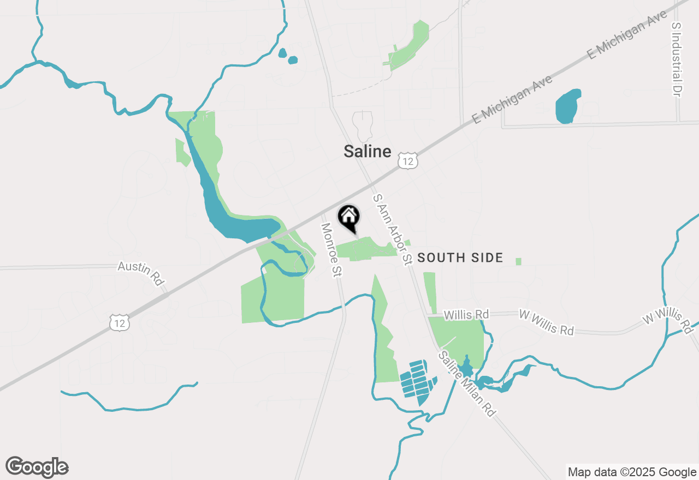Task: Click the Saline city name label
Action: click(x=368, y=151)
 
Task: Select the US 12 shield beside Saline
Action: click(x=408, y=160)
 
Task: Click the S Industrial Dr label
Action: click(x=677, y=60)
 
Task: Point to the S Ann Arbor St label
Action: click(x=392, y=229)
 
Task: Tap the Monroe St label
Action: click(x=331, y=250)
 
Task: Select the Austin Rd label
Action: click(x=141, y=272)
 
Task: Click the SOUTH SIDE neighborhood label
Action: click(x=460, y=258)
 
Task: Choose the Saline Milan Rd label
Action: click(x=467, y=384)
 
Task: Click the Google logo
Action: click(x=37, y=467)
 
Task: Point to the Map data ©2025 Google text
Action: click(x=632, y=472)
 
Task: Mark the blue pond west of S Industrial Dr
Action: click(x=568, y=106)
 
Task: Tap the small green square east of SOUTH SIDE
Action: click(x=518, y=262)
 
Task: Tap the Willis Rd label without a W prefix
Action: click(x=466, y=315)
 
